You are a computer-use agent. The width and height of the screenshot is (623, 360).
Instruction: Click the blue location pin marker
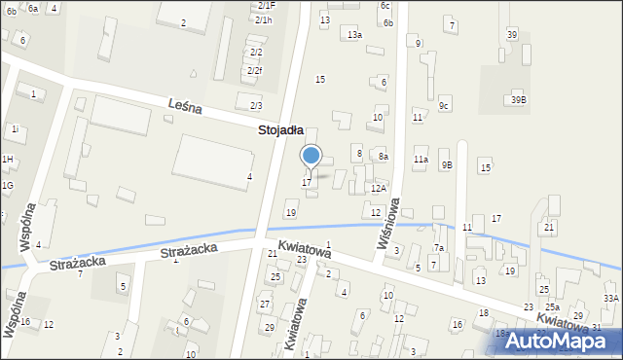pyautogui.click(x=311, y=157)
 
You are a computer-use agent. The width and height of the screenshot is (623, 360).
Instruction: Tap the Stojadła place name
pyautogui.click(x=280, y=129)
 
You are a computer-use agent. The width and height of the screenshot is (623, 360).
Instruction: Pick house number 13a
pyautogui.click(x=355, y=35)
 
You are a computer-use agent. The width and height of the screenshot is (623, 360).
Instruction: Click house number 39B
pyautogui.click(x=519, y=99)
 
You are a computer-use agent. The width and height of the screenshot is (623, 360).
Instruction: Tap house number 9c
pyautogui.click(x=444, y=105)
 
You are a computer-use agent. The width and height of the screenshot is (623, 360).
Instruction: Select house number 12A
pyautogui.click(x=378, y=188)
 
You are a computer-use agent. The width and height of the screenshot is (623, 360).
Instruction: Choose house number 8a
pyautogui.click(x=384, y=156)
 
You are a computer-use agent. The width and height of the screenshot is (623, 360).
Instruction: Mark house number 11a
pyautogui.click(x=421, y=159)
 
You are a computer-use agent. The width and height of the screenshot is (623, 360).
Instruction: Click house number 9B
pyautogui.click(x=446, y=165)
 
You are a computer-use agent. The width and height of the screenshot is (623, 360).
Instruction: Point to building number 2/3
pyautogui.click(x=256, y=105)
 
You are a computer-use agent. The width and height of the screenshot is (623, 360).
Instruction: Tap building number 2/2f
pyautogui.click(x=255, y=70)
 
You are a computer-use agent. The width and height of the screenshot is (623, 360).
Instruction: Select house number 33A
pyautogui.click(x=610, y=298)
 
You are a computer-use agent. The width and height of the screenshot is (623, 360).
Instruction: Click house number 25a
pyautogui.click(x=552, y=307)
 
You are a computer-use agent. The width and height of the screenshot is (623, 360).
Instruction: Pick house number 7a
pyautogui.click(x=439, y=248)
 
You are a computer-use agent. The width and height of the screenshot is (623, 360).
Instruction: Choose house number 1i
pyautogui.click(x=15, y=128)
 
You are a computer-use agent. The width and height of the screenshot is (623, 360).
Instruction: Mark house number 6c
pyautogui.click(x=385, y=6)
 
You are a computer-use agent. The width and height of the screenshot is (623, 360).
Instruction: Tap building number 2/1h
pyautogui.click(x=265, y=19)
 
